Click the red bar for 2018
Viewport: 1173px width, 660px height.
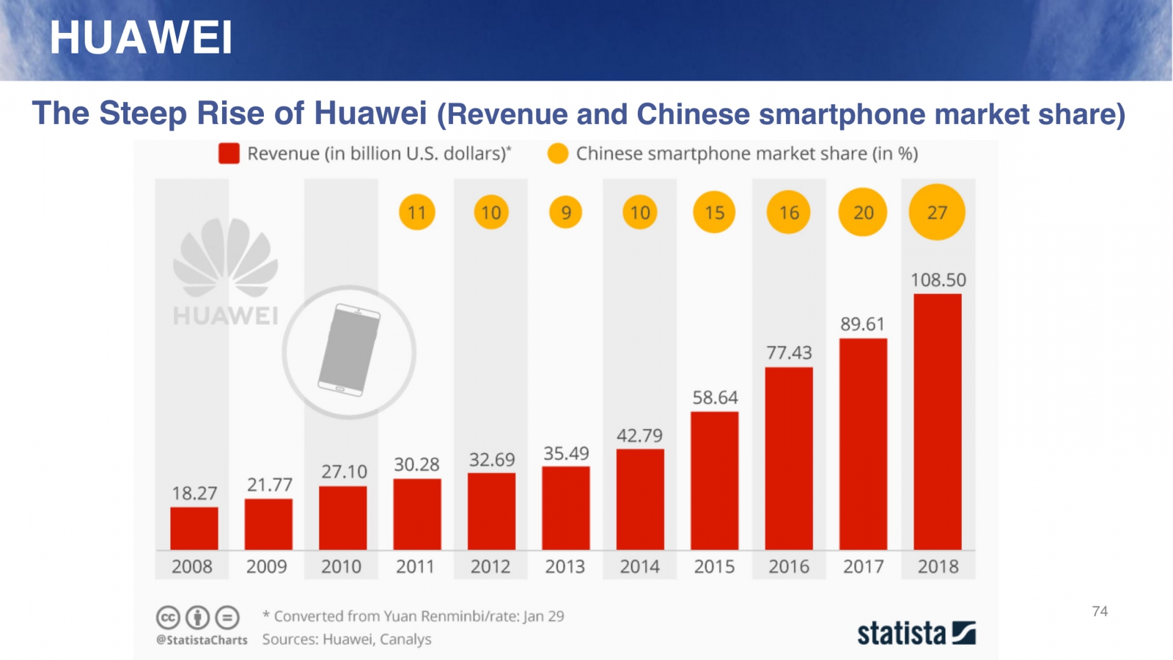click(x=937, y=422)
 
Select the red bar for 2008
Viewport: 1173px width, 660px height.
click(x=194, y=528)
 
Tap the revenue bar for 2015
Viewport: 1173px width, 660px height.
click(x=714, y=480)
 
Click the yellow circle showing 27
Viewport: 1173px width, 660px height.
click(x=937, y=213)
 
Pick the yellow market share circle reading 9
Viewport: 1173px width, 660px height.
click(x=565, y=213)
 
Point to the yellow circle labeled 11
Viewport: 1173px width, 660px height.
click(x=416, y=213)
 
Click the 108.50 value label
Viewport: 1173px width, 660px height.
click(x=938, y=280)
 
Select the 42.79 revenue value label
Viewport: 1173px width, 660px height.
click(x=639, y=436)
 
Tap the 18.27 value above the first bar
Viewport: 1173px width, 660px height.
click(x=194, y=494)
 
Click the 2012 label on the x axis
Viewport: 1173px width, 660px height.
click(x=490, y=566)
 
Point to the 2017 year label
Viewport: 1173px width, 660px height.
click(x=863, y=566)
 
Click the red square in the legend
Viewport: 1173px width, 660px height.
click(x=229, y=153)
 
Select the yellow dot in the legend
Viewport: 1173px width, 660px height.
click(x=558, y=153)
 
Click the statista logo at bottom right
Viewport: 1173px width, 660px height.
click(x=916, y=633)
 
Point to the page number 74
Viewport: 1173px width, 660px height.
click(x=1100, y=611)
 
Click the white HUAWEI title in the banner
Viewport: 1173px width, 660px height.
click(x=141, y=37)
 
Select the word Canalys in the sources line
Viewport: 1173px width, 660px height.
click(x=405, y=639)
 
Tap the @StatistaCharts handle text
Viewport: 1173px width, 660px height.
click(x=202, y=639)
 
